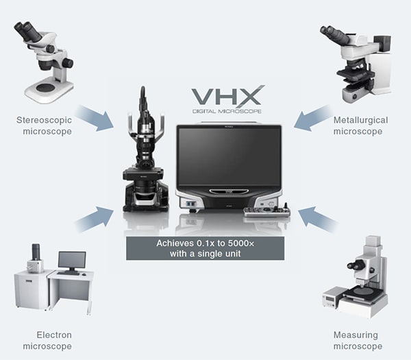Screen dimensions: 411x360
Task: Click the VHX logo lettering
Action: pyautogui.click(x=228, y=95)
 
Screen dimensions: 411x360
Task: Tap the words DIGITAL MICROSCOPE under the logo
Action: pyautogui.click(x=227, y=111)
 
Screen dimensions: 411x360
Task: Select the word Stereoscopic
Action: pyautogui.click(x=44, y=120)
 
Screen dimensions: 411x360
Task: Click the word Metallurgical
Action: pyautogui.click(x=361, y=120)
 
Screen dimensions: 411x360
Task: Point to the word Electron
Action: pyautogui.click(x=54, y=335)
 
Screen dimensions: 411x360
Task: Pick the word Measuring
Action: pyautogui.click(x=356, y=335)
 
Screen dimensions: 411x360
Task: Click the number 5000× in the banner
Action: pyautogui.click(x=241, y=243)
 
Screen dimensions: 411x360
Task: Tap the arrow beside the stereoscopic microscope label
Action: pyautogui.click(x=95, y=118)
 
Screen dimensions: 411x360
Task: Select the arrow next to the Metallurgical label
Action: pyautogui.click(x=312, y=118)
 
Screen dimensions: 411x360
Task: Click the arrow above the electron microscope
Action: pyautogui.click(x=95, y=219)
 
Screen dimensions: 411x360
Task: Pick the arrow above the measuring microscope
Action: pyautogui.click(x=318, y=220)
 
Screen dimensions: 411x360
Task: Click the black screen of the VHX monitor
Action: pyautogui.click(x=229, y=156)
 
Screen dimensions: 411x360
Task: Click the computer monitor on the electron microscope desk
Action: pyautogui.click(x=72, y=261)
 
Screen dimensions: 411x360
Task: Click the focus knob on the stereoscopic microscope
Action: pyautogui.click(x=68, y=62)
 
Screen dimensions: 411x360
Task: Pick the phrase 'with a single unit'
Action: pyautogui.click(x=206, y=254)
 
